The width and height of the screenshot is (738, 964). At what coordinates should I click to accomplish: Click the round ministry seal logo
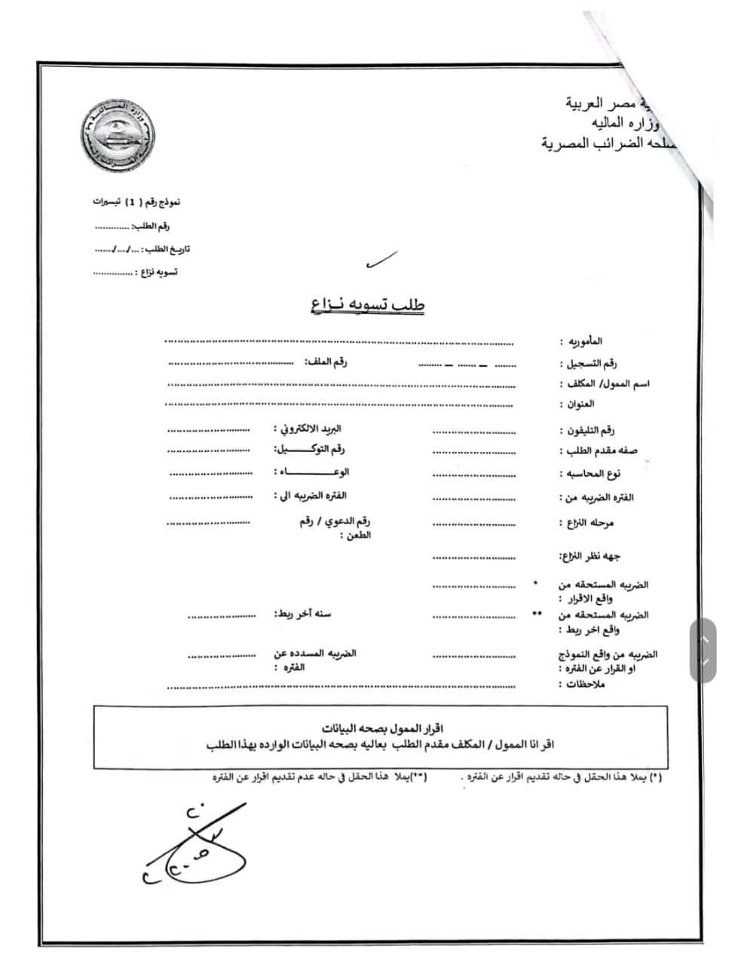119,137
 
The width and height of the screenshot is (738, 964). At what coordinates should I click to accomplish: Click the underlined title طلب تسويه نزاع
367,304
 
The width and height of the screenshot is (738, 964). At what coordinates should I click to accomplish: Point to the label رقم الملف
326,362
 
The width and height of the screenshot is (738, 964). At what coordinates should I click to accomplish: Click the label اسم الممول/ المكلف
605,384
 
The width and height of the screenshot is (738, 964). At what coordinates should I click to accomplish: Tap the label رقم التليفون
587,431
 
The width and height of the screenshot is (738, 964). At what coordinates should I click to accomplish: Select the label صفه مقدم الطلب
599,451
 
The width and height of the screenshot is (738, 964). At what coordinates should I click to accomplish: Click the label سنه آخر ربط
302,614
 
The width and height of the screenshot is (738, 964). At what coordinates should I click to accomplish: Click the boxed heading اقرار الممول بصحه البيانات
381,728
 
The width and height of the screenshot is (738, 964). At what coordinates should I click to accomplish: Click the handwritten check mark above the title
381,261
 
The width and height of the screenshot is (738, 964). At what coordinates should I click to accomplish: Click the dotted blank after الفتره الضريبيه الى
210,497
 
